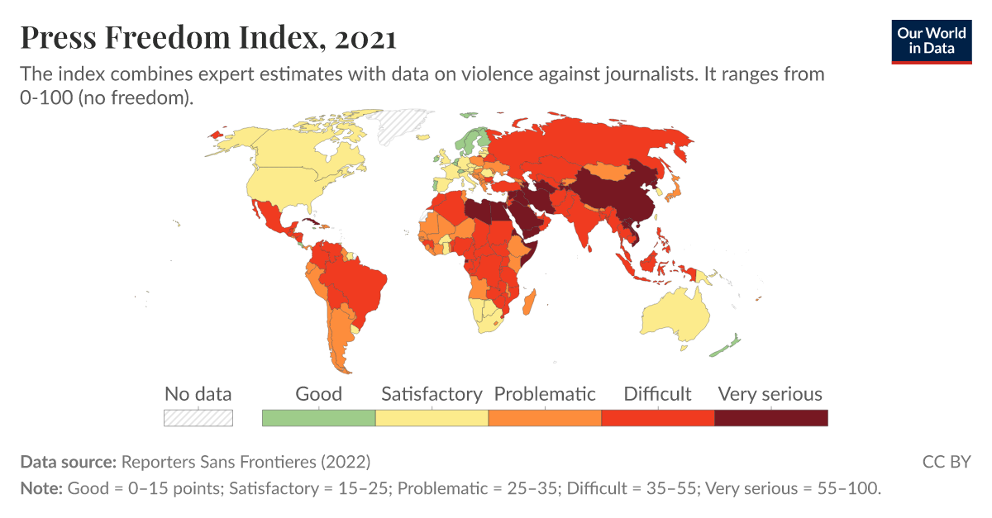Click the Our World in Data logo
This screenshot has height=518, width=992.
[x=932, y=40]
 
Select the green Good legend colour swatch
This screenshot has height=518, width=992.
[x=318, y=418]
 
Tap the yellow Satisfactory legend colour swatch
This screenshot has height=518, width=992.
[x=432, y=418]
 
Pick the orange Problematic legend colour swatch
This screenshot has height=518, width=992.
[x=545, y=418]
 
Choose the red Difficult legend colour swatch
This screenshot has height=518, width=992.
[x=657, y=418]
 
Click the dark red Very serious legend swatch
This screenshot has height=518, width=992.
[x=770, y=418]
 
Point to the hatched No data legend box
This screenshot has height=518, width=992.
[x=198, y=418]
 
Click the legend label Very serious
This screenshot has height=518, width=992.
[x=770, y=394]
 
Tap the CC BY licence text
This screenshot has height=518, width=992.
[x=946, y=461]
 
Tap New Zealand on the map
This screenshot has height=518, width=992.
[x=726, y=345]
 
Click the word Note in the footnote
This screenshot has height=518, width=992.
[x=40, y=488]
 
